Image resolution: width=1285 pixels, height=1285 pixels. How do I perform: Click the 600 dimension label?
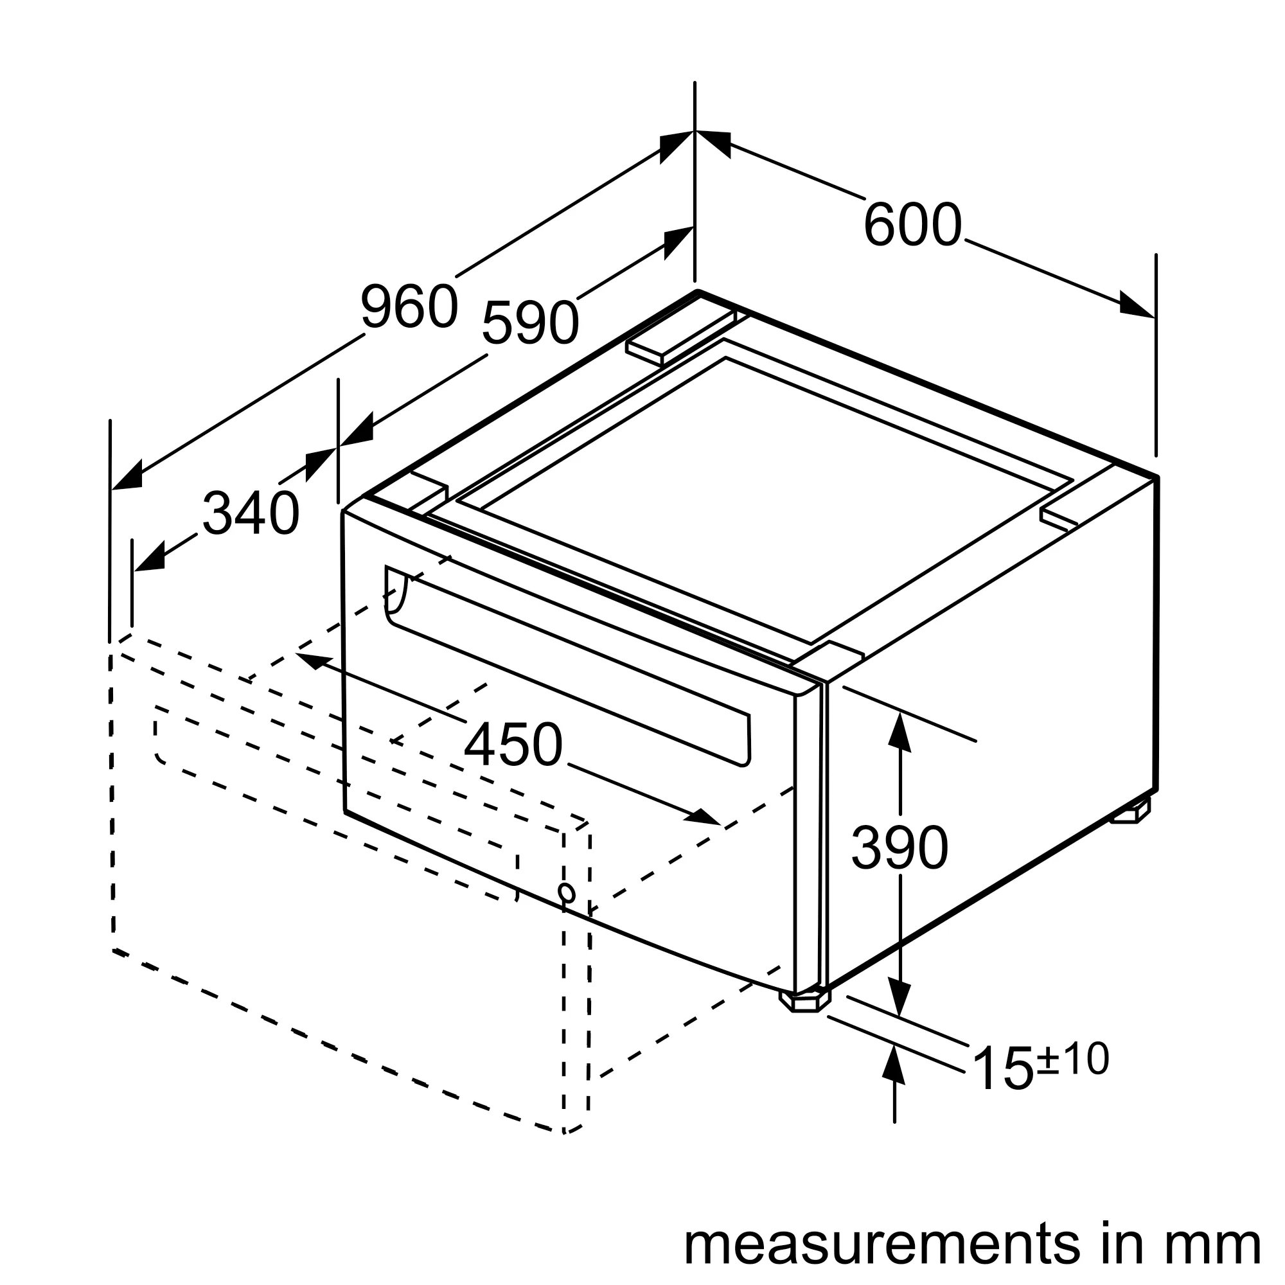click(912, 225)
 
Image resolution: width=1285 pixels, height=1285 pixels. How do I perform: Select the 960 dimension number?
click(409, 306)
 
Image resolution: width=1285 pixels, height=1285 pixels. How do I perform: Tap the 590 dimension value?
click(530, 323)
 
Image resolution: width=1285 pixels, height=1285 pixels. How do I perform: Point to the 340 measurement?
click(251, 513)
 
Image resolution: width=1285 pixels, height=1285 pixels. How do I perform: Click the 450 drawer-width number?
click(513, 745)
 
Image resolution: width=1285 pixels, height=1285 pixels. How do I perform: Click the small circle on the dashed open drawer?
click(567, 892)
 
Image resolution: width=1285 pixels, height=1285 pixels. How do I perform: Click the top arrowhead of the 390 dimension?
click(899, 732)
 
